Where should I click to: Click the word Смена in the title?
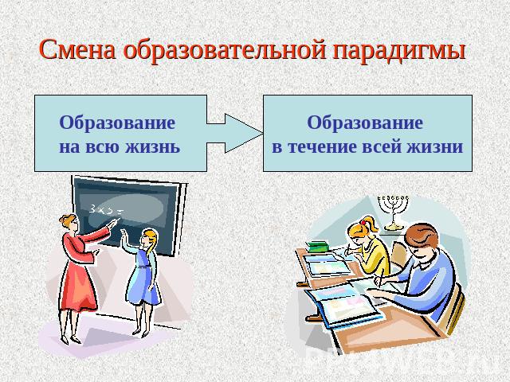[x=77, y=49]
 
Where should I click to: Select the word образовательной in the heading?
[x=225, y=50]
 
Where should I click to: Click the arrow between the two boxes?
[x=234, y=133]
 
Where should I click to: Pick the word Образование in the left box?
[x=117, y=123]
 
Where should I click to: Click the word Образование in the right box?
[x=365, y=123]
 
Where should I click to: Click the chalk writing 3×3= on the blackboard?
[x=107, y=209]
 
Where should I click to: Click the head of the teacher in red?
[x=69, y=223]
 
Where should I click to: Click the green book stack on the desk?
[x=317, y=247]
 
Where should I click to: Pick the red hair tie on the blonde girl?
[x=363, y=223]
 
